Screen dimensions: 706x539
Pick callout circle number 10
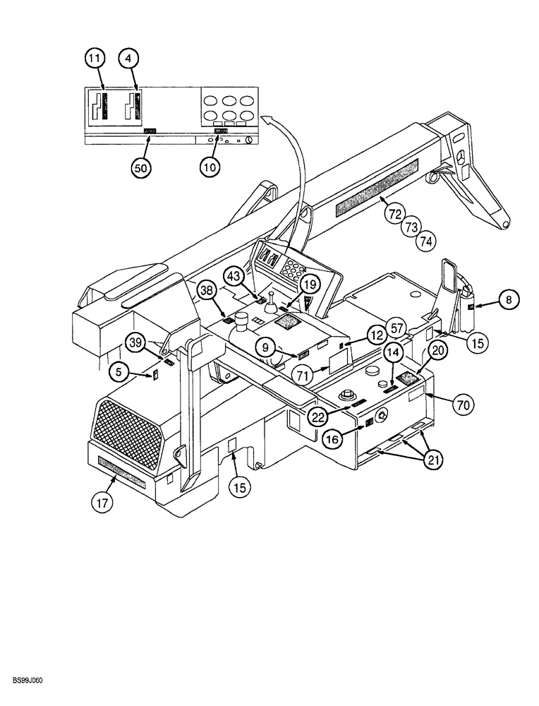tap(210, 167)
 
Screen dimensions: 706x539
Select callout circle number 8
tap(510, 299)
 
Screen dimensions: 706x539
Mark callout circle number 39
tap(136, 343)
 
